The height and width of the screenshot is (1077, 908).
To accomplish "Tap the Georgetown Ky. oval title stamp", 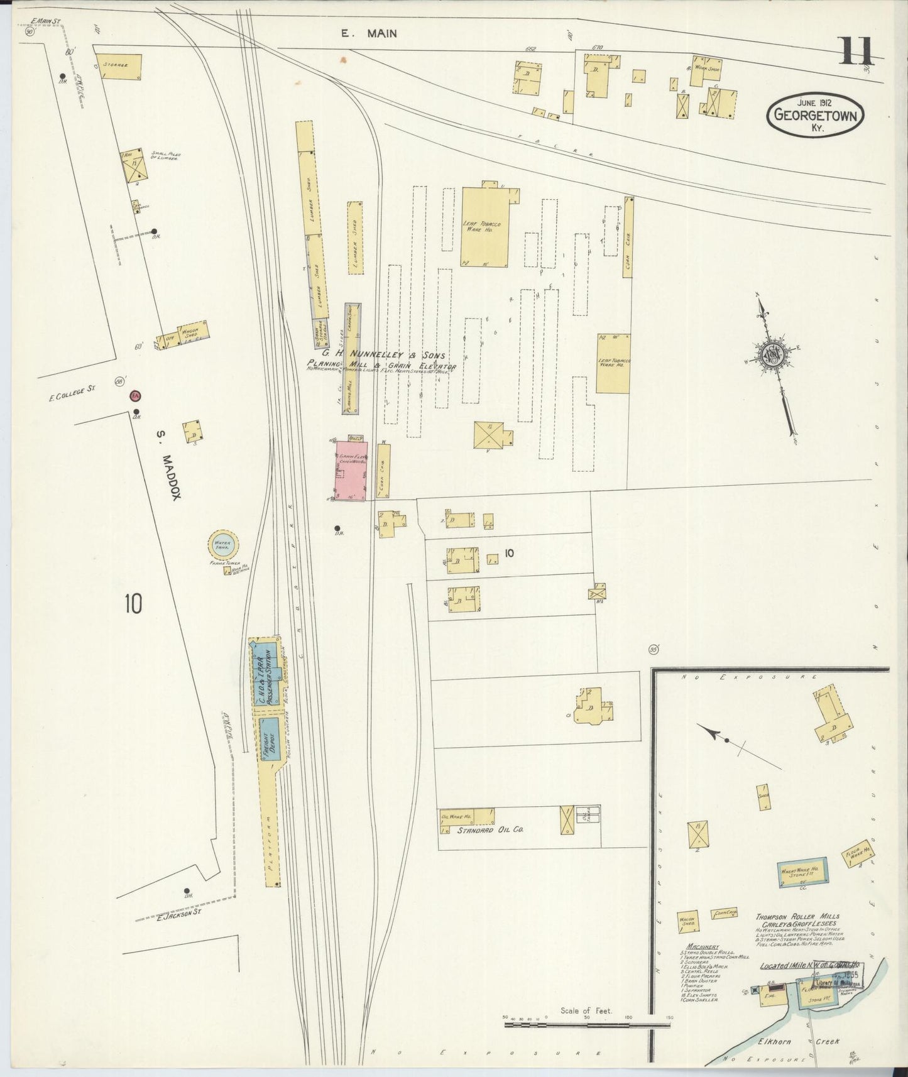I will [x=815, y=116].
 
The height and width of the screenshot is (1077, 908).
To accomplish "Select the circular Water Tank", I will [x=223, y=545].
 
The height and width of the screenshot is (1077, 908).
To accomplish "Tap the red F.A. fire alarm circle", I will [x=135, y=396].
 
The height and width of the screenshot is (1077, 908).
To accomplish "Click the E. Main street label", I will [x=369, y=33].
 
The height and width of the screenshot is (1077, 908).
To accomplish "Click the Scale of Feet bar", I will [x=588, y=1025].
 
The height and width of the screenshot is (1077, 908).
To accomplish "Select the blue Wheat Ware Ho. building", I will [x=802, y=872].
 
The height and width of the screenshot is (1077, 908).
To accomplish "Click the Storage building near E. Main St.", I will [x=119, y=67].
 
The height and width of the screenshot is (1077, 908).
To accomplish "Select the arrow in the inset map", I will [x=710, y=733].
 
